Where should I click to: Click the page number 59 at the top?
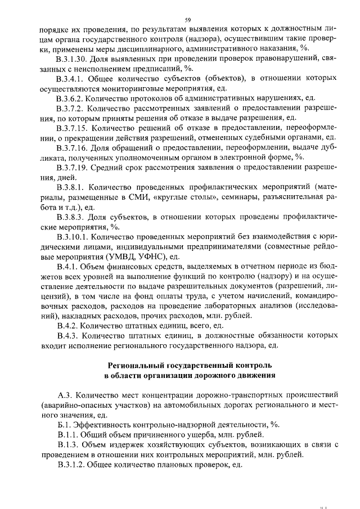(x=180, y=19)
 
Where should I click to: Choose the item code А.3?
(x=64, y=395)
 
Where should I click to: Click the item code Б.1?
(x=63, y=425)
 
